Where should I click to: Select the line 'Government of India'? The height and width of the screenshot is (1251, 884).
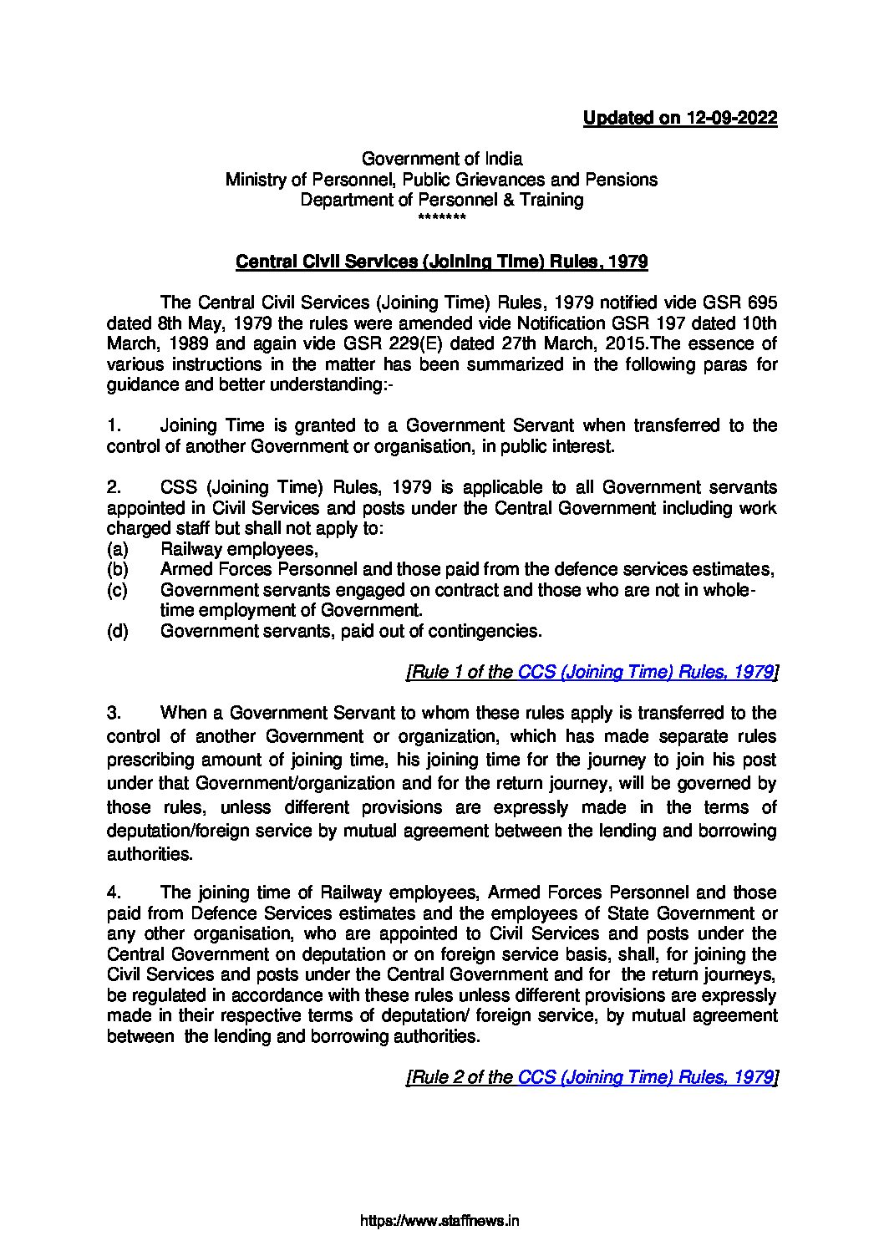[441, 159]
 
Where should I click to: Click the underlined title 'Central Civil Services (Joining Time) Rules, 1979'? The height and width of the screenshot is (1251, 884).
[442, 262]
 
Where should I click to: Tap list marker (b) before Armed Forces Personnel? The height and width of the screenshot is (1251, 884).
[117, 570]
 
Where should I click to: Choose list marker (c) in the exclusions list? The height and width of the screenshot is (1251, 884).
[117, 590]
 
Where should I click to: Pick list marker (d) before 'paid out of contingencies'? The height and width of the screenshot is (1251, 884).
[117, 631]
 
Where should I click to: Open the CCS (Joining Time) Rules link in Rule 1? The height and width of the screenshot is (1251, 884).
[645, 672]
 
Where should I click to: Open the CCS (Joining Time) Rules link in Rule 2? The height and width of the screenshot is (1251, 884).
[645, 1078]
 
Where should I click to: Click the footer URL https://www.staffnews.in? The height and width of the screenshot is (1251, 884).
[441, 1221]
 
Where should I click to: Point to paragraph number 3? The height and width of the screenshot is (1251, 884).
[114, 714]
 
